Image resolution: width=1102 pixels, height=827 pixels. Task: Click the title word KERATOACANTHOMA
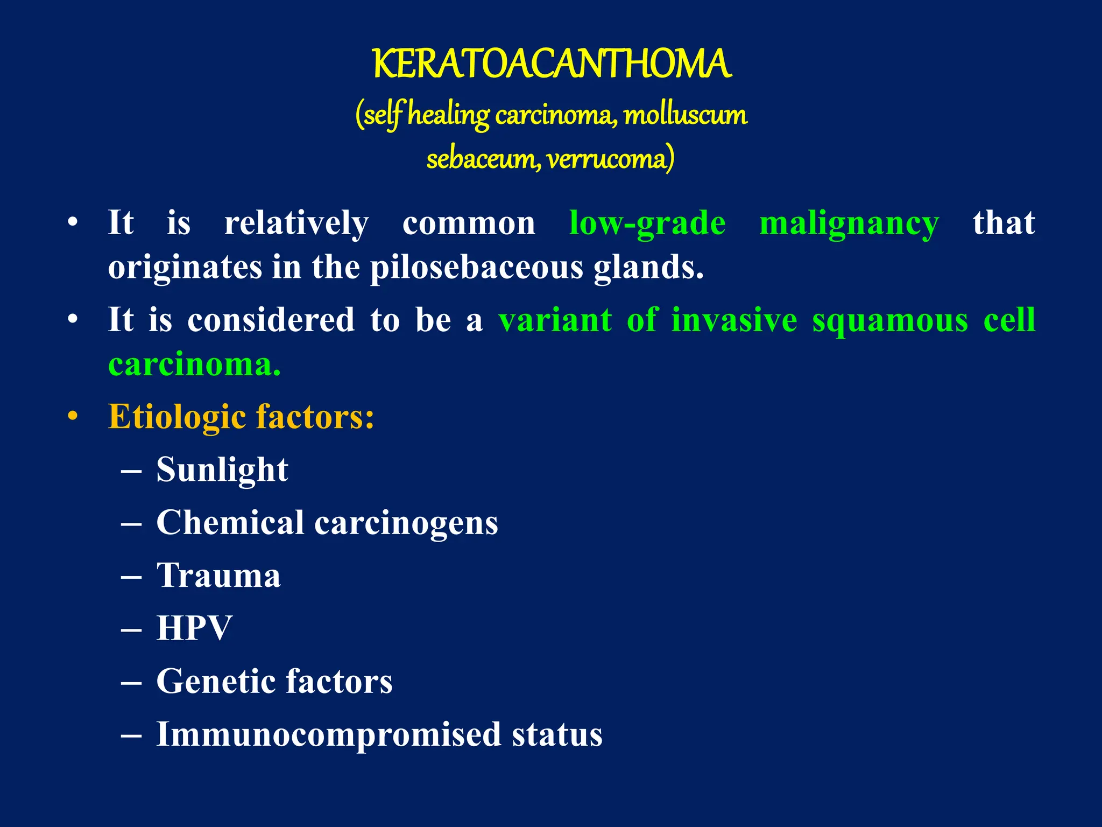[552, 64]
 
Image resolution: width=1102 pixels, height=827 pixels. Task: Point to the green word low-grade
[647, 223]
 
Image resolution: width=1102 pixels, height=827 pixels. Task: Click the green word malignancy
[849, 224]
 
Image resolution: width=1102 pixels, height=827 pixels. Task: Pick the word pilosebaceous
[477, 267]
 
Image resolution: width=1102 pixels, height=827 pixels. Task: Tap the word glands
[648, 267]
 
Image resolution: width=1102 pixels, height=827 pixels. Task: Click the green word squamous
[890, 320]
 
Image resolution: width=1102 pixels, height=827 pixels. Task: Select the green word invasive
[734, 320]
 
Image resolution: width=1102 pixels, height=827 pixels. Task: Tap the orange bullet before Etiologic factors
[73, 417]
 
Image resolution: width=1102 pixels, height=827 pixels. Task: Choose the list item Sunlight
[222, 469]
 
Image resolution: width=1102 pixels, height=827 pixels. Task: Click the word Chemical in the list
[230, 522]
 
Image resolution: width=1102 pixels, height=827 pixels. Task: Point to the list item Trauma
[218, 575]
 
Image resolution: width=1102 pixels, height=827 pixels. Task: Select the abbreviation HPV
[194, 628]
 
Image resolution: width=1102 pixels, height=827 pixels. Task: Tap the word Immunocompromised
[328, 734]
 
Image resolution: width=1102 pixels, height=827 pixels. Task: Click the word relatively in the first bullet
[296, 223]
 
